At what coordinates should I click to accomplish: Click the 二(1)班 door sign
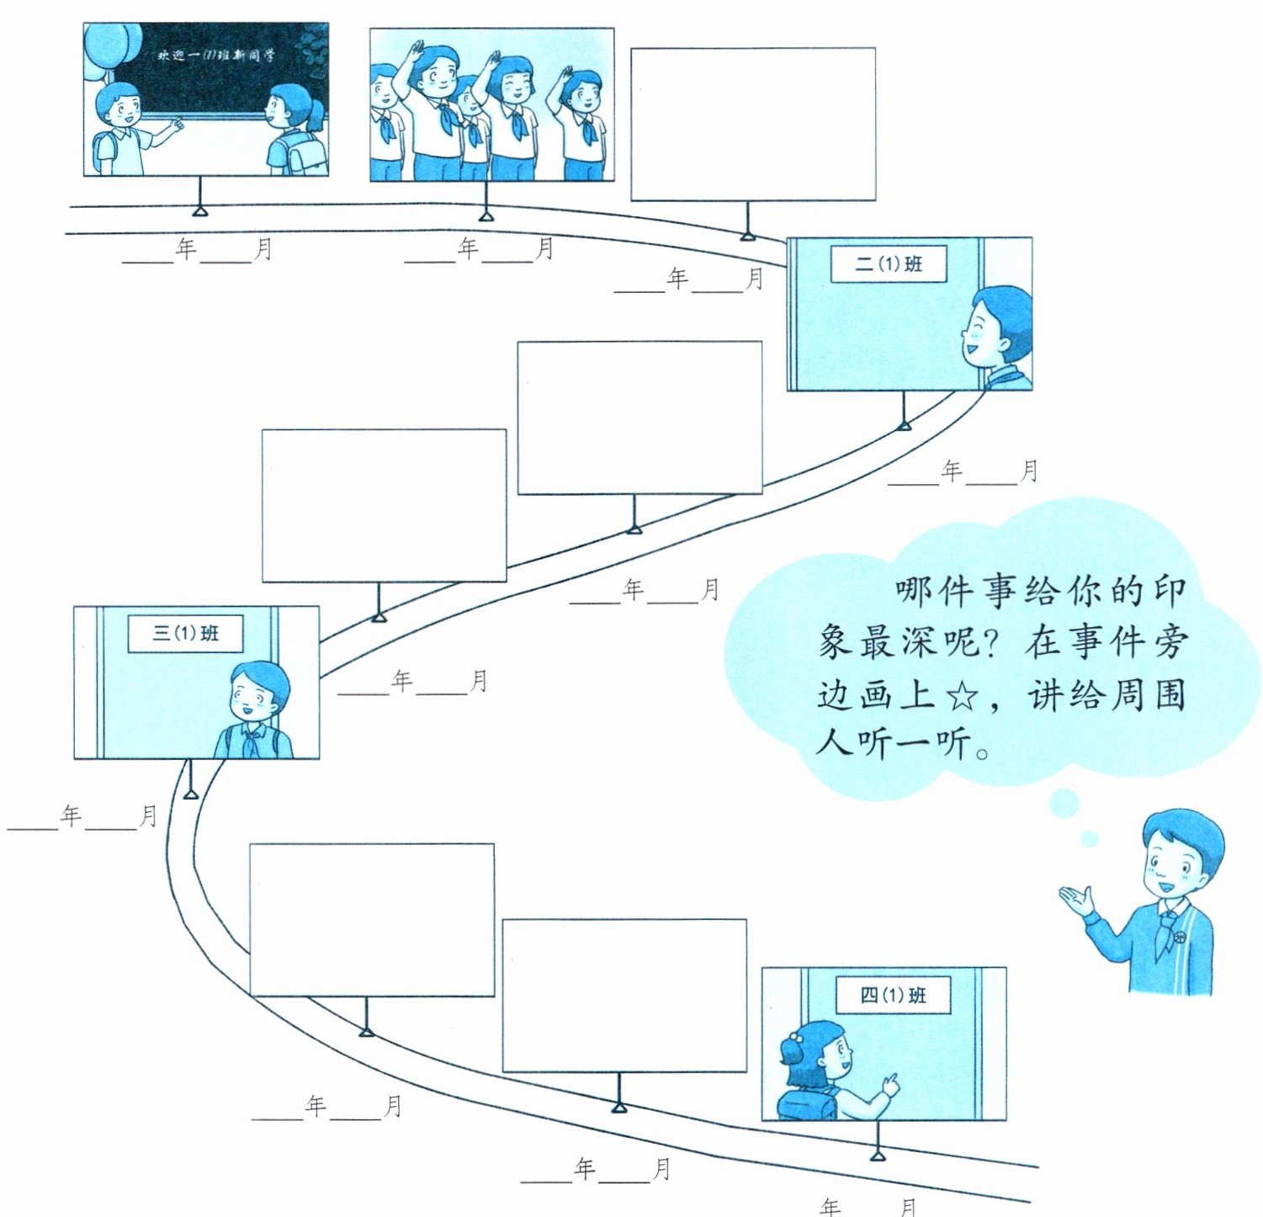[x=889, y=263]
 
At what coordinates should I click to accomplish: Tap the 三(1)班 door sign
[x=185, y=633]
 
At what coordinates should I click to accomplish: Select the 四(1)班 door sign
[x=893, y=995]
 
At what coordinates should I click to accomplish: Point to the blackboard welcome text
[x=215, y=56]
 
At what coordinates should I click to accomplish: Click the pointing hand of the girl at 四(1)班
[x=889, y=1084]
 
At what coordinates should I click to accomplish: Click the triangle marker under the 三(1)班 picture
[x=191, y=794]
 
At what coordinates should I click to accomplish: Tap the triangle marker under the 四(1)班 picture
[x=878, y=1156]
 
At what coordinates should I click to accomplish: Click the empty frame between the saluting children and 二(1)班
[x=753, y=124]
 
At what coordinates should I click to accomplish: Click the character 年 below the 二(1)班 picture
[x=952, y=470]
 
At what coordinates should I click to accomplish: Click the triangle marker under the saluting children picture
[x=486, y=216]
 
